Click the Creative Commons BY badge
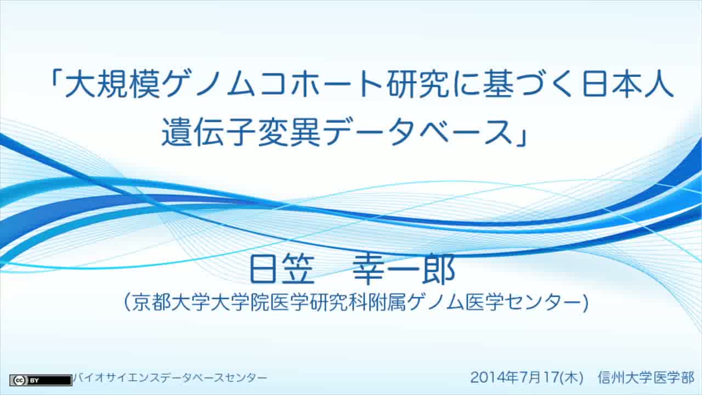41,380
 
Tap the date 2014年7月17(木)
527,377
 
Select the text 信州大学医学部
646,377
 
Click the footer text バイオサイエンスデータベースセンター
170,378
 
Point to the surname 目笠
281,269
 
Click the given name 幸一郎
404,269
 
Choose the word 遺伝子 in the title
209,133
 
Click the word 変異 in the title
289,133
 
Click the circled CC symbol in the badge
19,380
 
